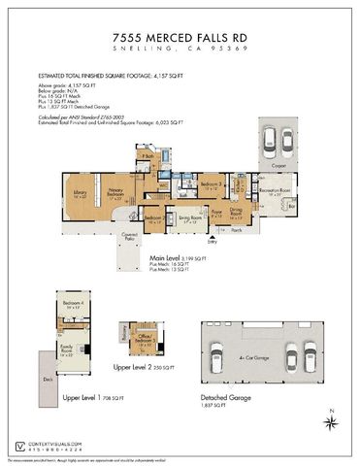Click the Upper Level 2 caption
pyautogui.click(x=137, y=368)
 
